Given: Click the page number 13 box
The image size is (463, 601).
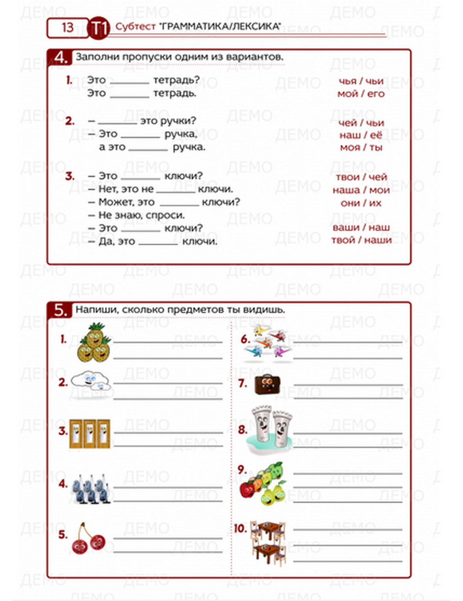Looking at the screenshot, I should click(x=68, y=28).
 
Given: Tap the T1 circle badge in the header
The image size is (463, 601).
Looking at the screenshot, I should click(x=98, y=28).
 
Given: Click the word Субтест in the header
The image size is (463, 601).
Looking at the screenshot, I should click(x=135, y=27).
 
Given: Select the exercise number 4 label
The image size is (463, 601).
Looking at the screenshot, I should click(x=60, y=58).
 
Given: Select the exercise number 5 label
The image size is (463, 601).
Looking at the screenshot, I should click(x=60, y=310).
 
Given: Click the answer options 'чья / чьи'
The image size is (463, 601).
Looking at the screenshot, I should click(x=361, y=81).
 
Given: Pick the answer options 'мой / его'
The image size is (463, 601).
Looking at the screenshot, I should click(x=361, y=94).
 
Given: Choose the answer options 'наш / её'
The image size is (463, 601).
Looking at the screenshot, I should click(x=361, y=135).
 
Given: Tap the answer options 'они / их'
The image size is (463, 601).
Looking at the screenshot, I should click(x=361, y=203).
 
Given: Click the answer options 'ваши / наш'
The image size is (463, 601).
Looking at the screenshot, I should click(x=361, y=227).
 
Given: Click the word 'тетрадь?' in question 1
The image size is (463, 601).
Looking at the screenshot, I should click(x=176, y=80).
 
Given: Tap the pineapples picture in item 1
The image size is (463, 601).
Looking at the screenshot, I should click(x=94, y=343).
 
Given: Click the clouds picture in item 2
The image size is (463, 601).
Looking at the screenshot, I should click(x=91, y=380).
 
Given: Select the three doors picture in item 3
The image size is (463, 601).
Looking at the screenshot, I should click(x=90, y=434).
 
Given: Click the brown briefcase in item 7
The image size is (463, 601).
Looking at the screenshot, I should click(x=267, y=383).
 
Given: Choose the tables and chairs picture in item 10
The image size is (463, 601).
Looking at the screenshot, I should click(x=268, y=542).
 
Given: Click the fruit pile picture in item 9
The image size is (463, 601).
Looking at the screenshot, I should click(x=263, y=483).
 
